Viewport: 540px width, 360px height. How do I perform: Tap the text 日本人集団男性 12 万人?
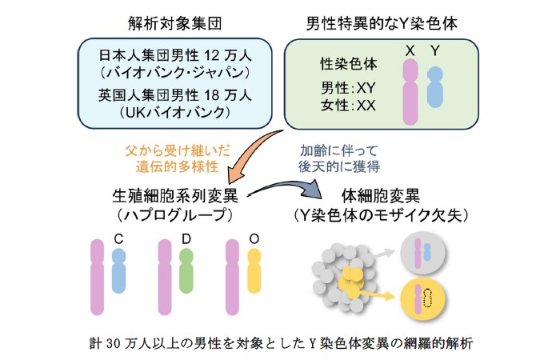tap(174, 56)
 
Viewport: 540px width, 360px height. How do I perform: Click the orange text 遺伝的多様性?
tap(171, 166)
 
